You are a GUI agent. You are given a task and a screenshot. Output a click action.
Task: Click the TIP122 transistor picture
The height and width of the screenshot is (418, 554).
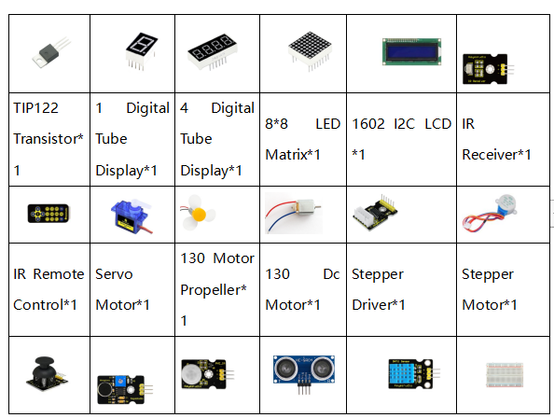click(x=51, y=53)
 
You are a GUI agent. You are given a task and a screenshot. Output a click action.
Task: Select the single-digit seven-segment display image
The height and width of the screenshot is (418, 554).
click(x=141, y=51)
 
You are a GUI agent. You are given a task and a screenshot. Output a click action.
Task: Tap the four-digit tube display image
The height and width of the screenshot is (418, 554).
click(x=212, y=51)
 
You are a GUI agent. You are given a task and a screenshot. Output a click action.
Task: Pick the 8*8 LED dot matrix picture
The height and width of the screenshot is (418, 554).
click(x=310, y=50)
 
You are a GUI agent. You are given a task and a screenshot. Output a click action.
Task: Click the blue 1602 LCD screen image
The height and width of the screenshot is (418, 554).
click(x=411, y=52)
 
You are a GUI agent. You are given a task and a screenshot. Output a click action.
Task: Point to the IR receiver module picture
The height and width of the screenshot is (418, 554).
click(x=488, y=69)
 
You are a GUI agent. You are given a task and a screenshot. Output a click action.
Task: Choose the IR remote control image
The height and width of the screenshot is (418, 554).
click(x=48, y=214)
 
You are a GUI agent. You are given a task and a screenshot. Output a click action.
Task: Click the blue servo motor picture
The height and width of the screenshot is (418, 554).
click(x=132, y=216)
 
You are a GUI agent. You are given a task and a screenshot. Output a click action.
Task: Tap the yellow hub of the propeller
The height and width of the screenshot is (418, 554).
click(x=199, y=215)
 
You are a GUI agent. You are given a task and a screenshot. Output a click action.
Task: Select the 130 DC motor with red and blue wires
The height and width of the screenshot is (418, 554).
click(x=294, y=213)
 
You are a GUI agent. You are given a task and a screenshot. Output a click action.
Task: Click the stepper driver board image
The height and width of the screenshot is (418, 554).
click(x=375, y=213)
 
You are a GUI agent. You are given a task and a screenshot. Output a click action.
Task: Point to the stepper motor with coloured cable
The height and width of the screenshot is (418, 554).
click(x=490, y=213)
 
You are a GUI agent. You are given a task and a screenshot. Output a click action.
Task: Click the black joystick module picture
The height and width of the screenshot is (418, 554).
click(x=46, y=373)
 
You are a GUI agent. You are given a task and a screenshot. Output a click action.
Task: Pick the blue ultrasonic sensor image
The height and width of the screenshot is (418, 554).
click(x=304, y=374)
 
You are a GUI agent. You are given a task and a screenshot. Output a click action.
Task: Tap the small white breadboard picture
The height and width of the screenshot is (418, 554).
click(x=505, y=374)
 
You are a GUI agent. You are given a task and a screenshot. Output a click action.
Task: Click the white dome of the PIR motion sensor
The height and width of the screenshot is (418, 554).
click(x=191, y=374)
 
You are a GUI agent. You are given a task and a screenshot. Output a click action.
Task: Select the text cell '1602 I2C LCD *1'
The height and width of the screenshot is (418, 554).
click(x=401, y=139)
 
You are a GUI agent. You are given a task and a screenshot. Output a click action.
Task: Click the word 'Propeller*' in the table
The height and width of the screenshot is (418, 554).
click(x=214, y=290)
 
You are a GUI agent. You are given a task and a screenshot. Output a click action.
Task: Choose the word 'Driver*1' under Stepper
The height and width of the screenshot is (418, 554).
click(x=379, y=305)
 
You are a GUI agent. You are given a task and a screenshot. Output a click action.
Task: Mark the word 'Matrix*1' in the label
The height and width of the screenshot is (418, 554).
click(x=293, y=155)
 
